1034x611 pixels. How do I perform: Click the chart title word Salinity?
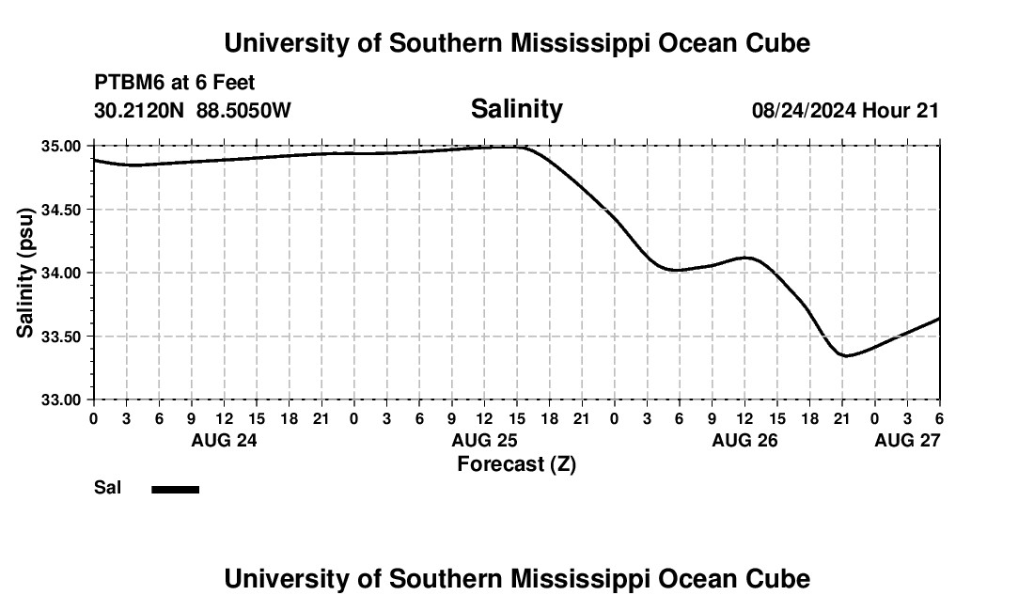pyautogui.click(x=516, y=109)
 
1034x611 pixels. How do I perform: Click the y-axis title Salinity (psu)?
pyautogui.click(x=25, y=273)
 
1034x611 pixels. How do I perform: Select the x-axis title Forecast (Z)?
pyautogui.click(x=516, y=463)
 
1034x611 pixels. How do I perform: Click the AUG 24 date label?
pyautogui.click(x=224, y=440)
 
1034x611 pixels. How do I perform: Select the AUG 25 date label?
pyautogui.click(x=484, y=440)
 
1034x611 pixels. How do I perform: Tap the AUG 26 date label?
pyautogui.click(x=744, y=440)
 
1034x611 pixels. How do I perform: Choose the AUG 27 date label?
pyautogui.click(x=907, y=440)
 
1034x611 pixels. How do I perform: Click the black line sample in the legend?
pyautogui.click(x=176, y=489)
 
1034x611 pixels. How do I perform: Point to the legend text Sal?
pyautogui.click(x=107, y=488)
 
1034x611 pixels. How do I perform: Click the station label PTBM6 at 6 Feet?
pyautogui.click(x=174, y=84)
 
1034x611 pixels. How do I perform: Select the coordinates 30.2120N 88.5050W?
pyautogui.click(x=193, y=110)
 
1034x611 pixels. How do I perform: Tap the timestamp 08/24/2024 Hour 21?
pyautogui.click(x=845, y=110)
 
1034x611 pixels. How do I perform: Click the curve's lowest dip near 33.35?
pyautogui.click(x=845, y=355)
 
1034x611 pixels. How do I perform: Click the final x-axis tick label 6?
pyautogui.click(x=939, y=418)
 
